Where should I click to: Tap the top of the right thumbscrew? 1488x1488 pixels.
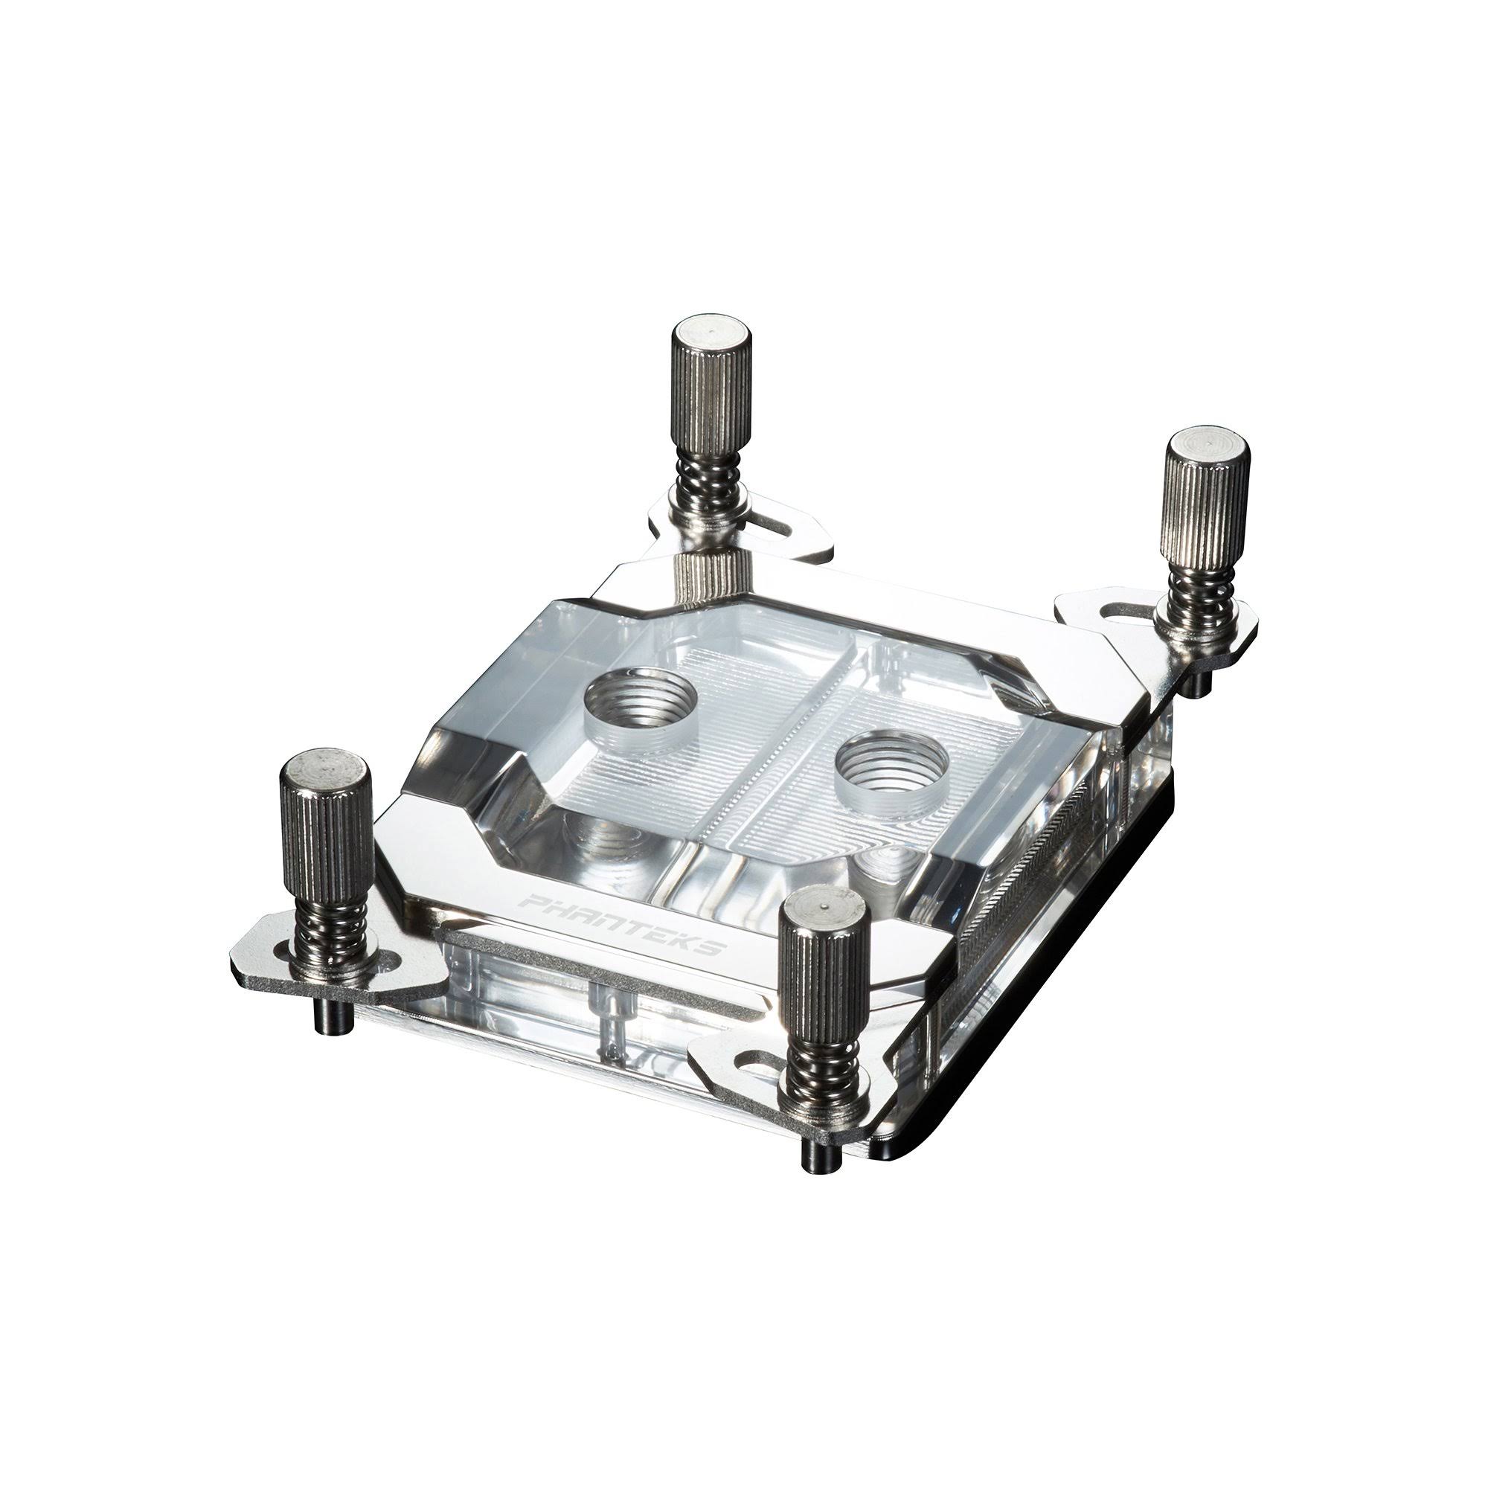point(1208,452)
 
